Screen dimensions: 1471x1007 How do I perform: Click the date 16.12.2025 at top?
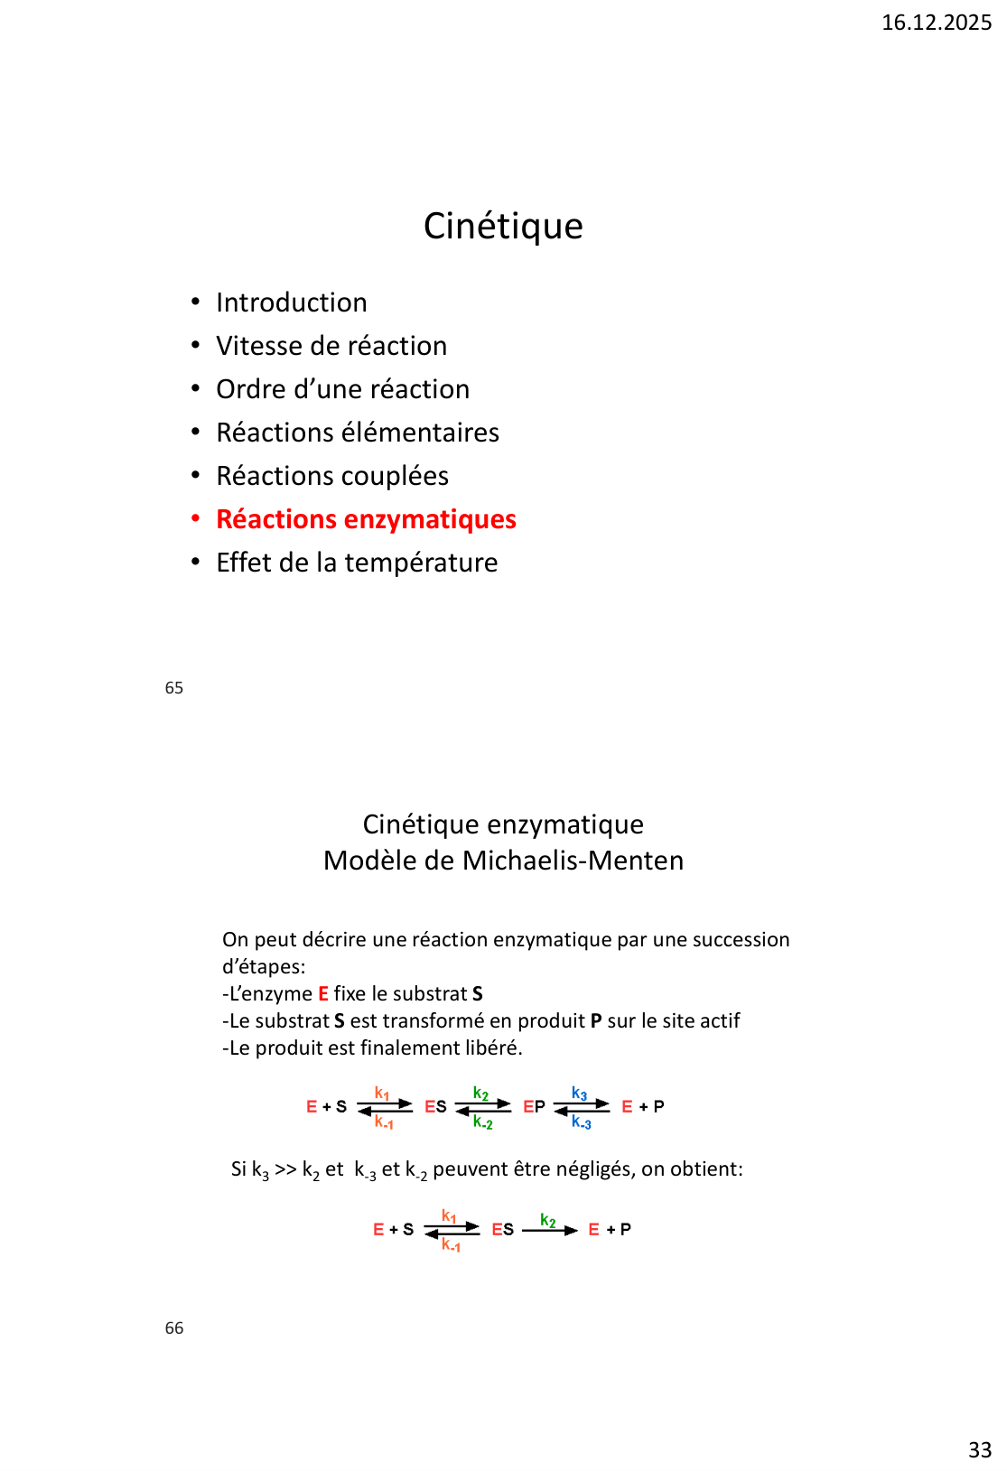(x=936, y=23)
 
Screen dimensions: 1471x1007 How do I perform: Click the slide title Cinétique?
(x=503, y=226)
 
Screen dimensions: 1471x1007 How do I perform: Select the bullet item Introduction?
(x=291, y=303)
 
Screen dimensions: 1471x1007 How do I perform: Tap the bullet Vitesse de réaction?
(x=331, y=346)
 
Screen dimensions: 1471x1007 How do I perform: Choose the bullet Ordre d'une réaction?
(x=342, y=389)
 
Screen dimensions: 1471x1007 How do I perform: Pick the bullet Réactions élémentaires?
(x=357, y=433)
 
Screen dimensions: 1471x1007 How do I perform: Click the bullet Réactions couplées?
(x=331, y=476)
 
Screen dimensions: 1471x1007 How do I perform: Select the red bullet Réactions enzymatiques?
(x=366, y=519)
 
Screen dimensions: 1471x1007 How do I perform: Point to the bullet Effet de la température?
(x=357, y=563)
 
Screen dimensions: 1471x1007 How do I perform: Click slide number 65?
(x=174, y=688)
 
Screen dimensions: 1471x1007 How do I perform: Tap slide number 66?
(x=174, y=1328)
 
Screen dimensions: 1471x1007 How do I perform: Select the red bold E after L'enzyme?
(x=323, y=994)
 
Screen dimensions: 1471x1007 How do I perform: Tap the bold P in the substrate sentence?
(x=596, y=1021)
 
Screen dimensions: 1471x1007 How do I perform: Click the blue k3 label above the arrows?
(x=579, y=1094)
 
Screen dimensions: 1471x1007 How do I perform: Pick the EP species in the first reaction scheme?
(x=534, y=1107)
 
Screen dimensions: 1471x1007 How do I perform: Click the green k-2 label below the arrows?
(x=482, y=1122)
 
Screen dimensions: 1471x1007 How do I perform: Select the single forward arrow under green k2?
(x=549, y=1231)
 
